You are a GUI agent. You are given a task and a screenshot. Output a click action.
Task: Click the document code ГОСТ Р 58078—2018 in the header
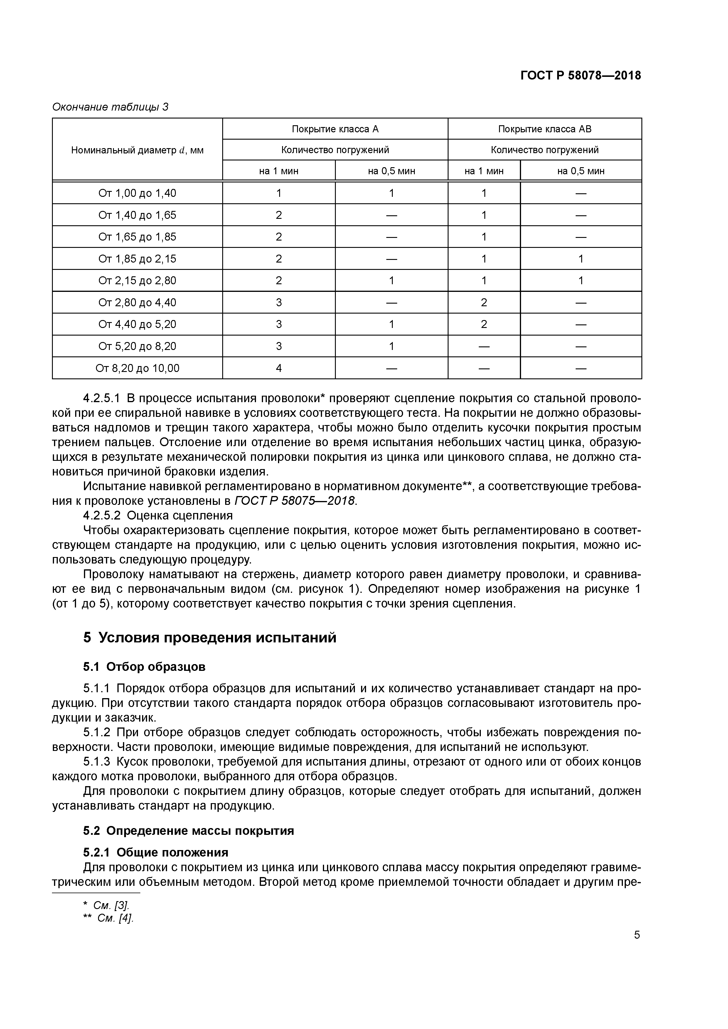click(x=580, y=75)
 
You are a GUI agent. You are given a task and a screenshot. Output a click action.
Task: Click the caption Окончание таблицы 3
click(x=110, y=107)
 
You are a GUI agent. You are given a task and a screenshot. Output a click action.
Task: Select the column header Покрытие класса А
click(x=335, y=129)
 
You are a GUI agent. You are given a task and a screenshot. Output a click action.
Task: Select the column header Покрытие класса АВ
click(x=545, y=129)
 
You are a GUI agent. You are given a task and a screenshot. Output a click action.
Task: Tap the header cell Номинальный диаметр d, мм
click(x=137, y=150)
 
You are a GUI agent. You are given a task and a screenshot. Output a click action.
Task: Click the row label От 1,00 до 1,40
click(x=137, y=193)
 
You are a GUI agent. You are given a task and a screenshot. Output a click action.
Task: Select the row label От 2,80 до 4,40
click(x=137, y=302)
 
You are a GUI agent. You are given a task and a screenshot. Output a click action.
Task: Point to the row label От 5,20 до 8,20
click(x=137, y=346)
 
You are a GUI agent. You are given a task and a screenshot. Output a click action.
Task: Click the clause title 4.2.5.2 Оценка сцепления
click(x=158, y=515)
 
